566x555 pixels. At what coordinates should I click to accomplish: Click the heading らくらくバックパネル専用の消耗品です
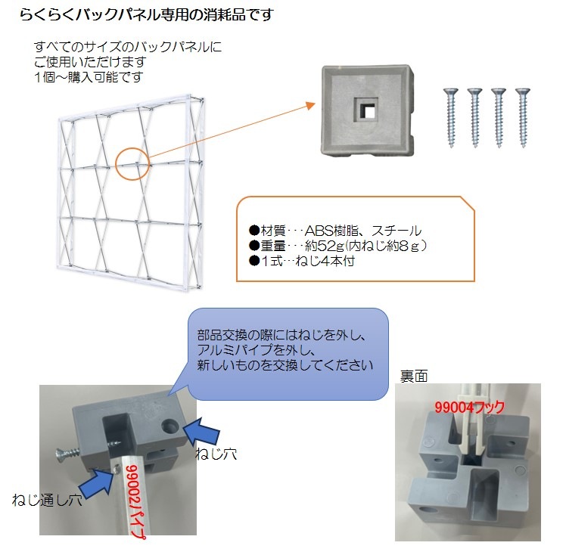[146, 14]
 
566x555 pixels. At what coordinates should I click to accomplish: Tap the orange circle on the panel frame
[134, 161]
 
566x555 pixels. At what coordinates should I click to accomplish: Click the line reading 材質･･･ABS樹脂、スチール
[335, 230]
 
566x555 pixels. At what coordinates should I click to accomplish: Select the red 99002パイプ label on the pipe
[135, 500]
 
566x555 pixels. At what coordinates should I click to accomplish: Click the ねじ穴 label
[216, 454]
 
